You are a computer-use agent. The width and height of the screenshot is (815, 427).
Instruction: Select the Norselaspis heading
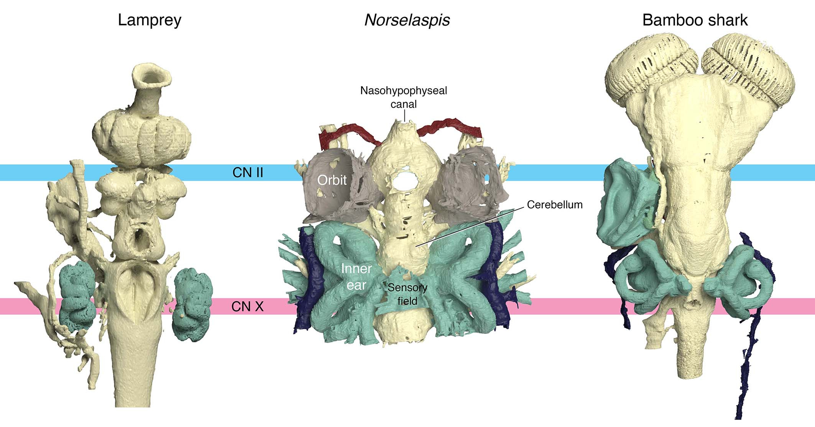[x=407, y=20]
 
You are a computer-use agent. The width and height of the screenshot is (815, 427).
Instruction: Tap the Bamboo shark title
[x=695, y=20]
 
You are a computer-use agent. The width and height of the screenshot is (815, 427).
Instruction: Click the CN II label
[x=248, y=172]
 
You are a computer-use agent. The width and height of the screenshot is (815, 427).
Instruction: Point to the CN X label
[x=247, y=307]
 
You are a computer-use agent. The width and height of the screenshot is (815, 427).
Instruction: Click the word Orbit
[x=332, y=180]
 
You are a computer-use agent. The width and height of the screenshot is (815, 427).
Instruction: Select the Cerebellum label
[x=555, y=205]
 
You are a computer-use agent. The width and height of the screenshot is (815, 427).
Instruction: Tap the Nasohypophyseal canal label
[x=404, y=97]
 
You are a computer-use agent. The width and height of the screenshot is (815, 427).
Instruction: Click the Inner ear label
[x=357, y=277]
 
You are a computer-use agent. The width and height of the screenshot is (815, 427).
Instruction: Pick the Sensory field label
[x=407, y=294]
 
